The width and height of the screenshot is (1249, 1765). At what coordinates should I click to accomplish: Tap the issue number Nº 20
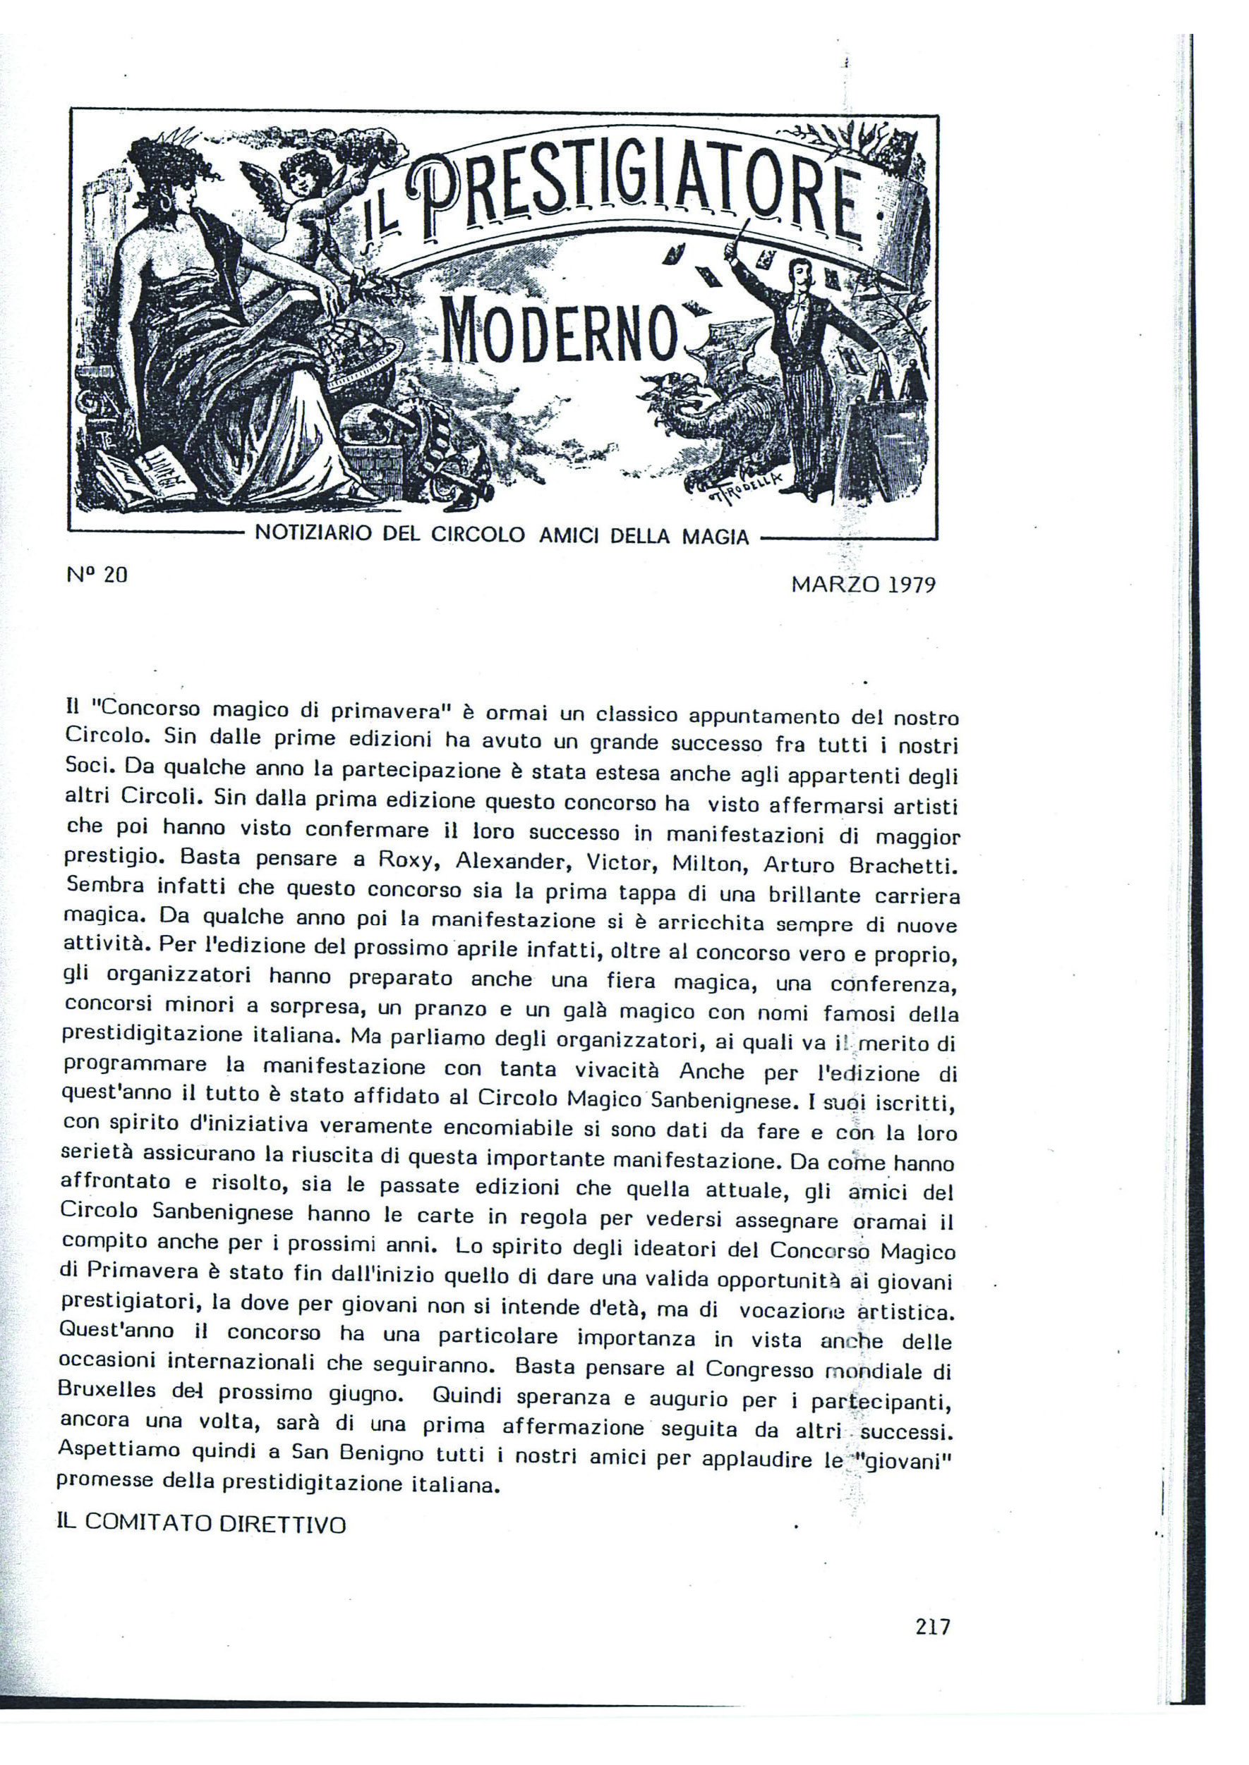[x=97, y=574]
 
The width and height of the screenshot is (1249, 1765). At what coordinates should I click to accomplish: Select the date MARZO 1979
[x=863, y=585]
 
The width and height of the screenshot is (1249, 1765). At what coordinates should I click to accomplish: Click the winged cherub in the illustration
[x=308, y=200]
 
